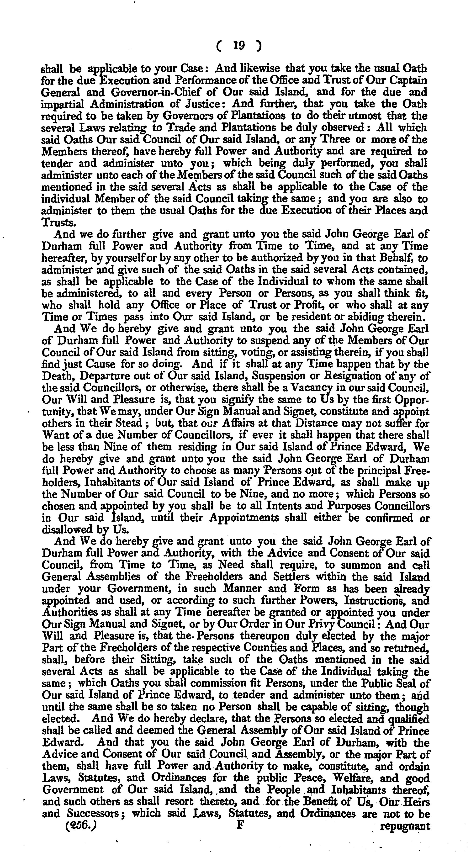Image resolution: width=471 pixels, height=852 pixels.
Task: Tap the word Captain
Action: (x=409, y=80)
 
